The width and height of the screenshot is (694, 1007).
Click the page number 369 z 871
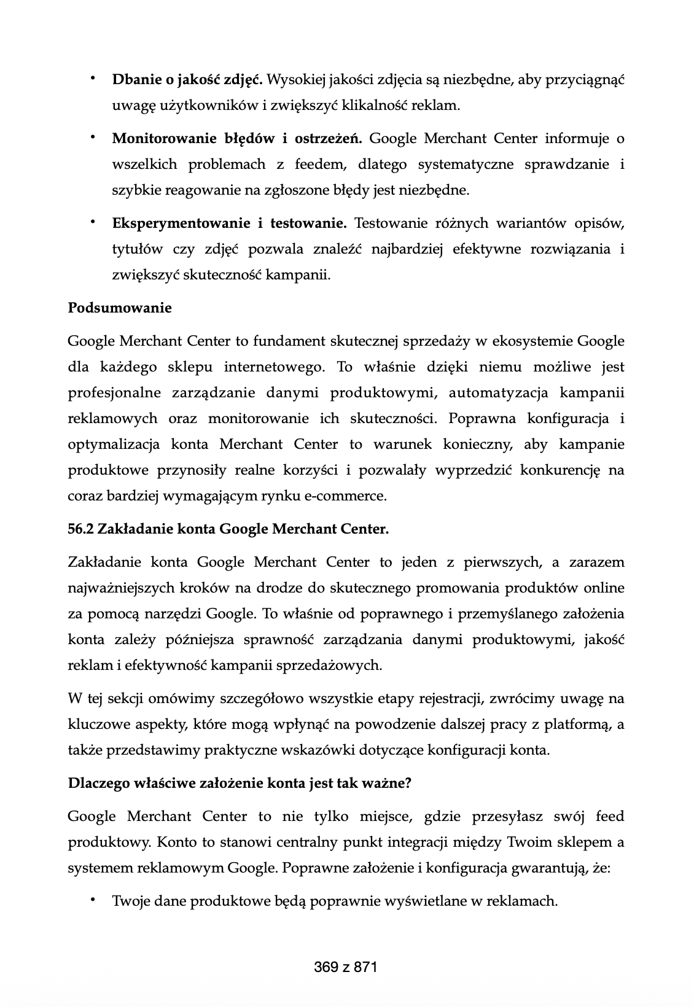coord(346,967)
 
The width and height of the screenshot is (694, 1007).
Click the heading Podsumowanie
coord(120,308)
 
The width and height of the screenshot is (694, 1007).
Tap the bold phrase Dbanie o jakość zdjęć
coord(187,79)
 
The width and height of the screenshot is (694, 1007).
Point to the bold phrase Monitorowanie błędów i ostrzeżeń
coord(237,138)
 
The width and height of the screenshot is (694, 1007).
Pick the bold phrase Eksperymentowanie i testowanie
coord(229,223)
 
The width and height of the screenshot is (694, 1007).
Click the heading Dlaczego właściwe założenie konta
coord(240,783)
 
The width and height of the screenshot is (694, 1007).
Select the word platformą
coord(577,724)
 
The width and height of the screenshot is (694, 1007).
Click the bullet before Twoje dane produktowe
coord(93,900)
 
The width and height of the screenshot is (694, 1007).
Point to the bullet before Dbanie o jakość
coord(93,79)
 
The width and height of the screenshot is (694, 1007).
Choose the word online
coord(604,588)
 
